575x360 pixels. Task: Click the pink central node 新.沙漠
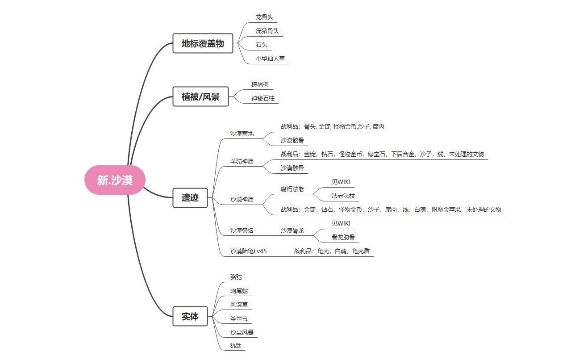115,180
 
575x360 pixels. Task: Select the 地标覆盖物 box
203,43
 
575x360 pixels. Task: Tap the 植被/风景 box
200,96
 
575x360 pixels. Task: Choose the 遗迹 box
190,197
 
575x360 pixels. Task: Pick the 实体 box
190,316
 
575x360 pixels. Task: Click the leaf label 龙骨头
264,17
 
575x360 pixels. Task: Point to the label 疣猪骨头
267,31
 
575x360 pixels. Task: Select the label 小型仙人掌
270,59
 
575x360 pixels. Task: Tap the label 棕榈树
260,84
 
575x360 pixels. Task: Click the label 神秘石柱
262,98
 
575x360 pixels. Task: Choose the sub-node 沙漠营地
242,134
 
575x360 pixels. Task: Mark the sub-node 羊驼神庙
242,161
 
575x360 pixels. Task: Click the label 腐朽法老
292,189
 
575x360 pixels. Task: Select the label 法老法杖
343,196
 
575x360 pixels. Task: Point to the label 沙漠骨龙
292,230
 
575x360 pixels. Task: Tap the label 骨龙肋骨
343,238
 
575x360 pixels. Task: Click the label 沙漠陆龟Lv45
249,251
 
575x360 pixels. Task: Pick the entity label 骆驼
236,277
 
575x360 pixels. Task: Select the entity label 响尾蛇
239,291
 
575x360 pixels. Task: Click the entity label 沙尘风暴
242,332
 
